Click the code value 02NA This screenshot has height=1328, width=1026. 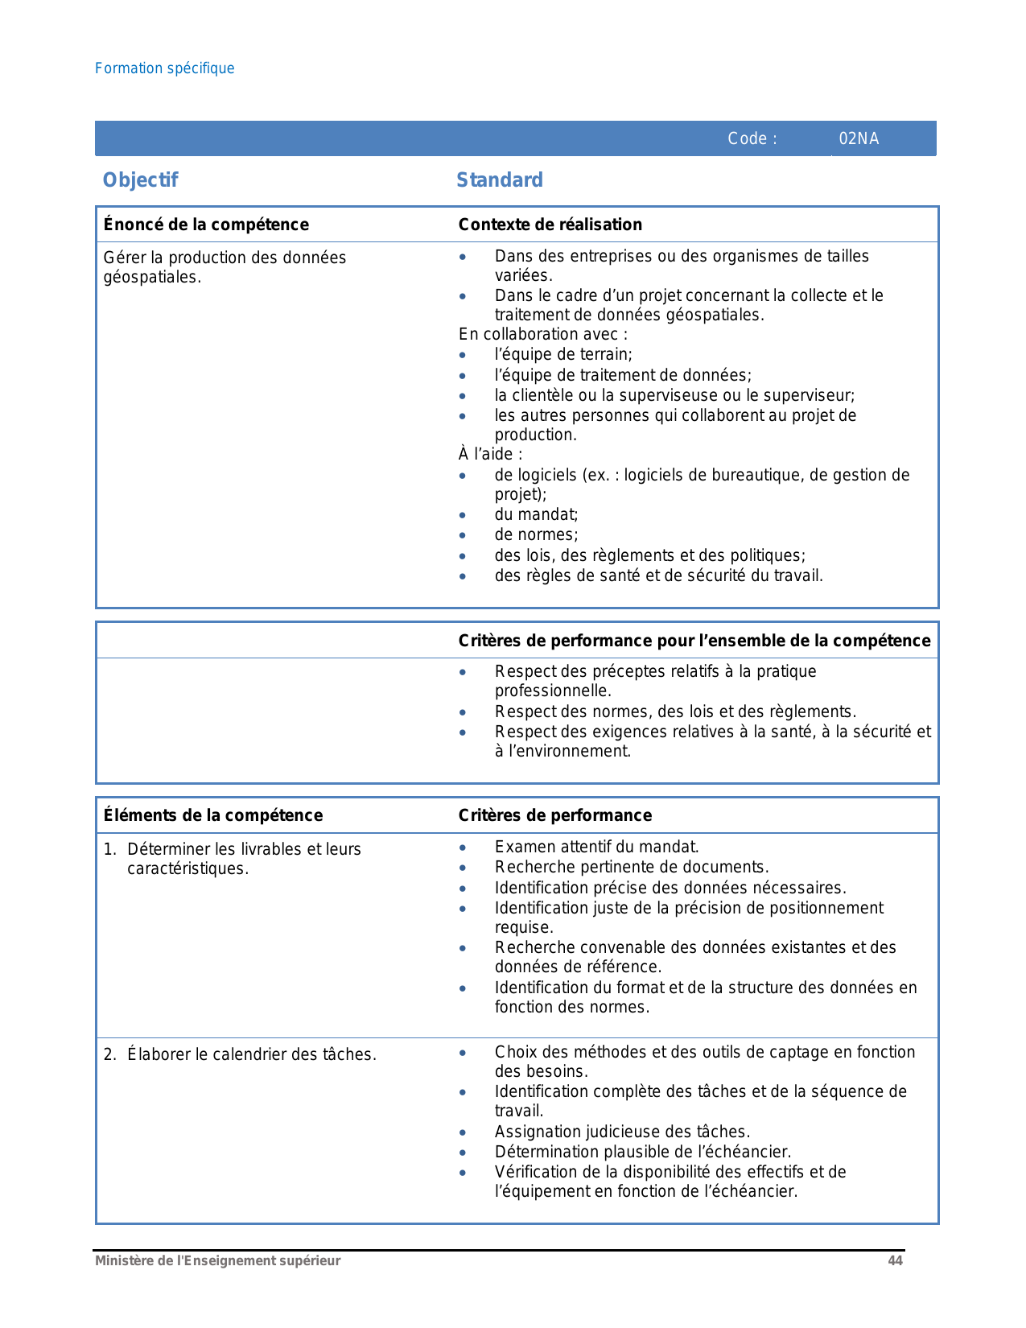click(859, 138)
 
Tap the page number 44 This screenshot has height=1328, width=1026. click(895, 1261)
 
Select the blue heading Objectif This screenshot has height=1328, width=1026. click(140, 180)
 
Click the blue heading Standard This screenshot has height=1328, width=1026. click(500, 180)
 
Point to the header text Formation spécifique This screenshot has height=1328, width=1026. click(165, 68)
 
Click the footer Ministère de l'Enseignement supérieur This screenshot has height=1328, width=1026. click(218, 1261)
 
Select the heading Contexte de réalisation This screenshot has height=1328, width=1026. click(550, 225)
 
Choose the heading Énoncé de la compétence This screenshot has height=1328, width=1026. click(206, 225)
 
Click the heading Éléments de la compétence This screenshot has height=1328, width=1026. click(213, 815)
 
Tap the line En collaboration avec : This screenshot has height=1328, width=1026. click(543, 334)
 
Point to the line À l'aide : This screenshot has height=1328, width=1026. click(490, 454)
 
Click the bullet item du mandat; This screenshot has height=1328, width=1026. click(536, 514)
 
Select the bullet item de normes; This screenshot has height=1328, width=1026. click(536, 534)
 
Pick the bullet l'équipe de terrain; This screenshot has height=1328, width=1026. click(563, 354)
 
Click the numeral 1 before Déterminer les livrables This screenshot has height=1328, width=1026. click(108, 849)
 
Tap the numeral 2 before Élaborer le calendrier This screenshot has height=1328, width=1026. click(108, 1054)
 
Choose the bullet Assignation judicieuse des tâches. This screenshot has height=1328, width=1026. click(622, 1132)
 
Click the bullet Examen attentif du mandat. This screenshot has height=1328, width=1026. click(596, 847)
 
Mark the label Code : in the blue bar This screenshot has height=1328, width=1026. click(752, 138)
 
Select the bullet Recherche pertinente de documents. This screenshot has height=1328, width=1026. click(632, 867)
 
